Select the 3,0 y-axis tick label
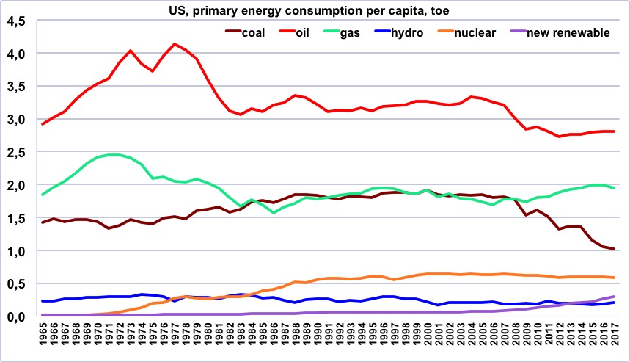[x=17, y=119]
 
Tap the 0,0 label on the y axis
[x=17, y=316]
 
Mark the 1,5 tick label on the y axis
[x=17, y=218]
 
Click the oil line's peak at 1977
[x=174, y=44]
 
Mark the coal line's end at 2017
[x=613, y=250]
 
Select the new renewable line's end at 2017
[x=613, y=296]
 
